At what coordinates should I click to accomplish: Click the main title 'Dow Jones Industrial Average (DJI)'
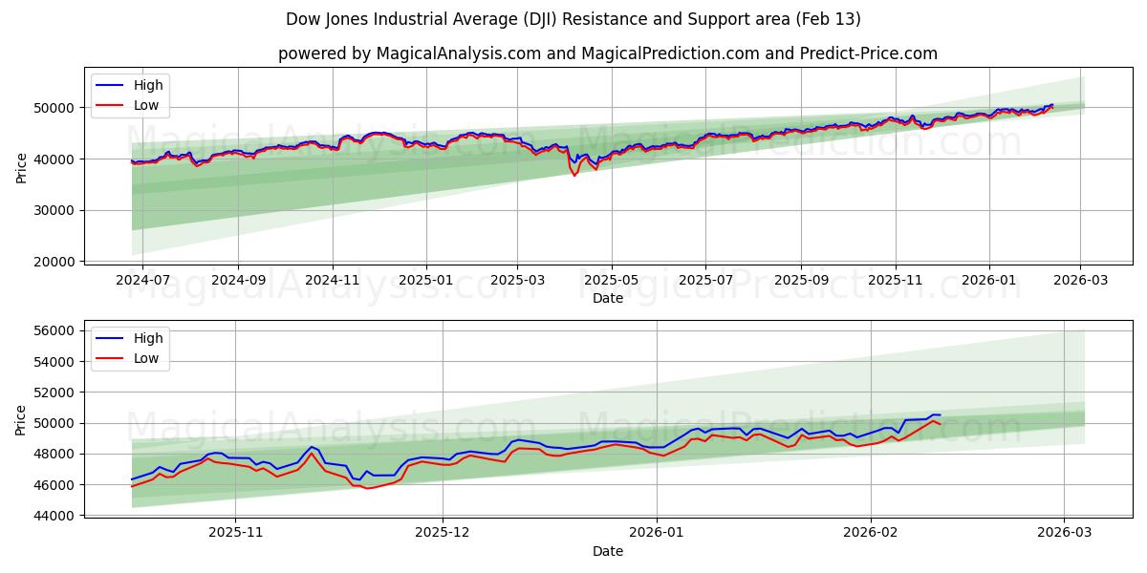[573, 19]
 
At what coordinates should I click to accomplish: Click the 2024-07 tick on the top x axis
[142, 280]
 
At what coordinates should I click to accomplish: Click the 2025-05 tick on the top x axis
[611, 280]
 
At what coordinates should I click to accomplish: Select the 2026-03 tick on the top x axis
[1080, 280]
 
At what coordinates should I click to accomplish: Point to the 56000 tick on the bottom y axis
[54, 331]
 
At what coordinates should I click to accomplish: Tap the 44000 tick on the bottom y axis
[54, 516]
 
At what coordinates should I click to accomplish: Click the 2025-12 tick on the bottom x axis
[443, 533]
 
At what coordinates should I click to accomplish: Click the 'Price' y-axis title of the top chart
[22, 167]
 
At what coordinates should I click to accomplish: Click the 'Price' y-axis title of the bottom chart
[22, 420]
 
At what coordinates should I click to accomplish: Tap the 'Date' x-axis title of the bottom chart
[607, 551]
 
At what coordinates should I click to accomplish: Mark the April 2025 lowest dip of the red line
[574, 176]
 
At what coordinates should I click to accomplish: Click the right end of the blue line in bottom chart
[941, 414]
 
